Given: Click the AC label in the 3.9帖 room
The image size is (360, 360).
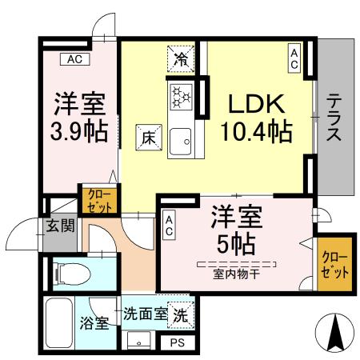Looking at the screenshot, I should [74, 58].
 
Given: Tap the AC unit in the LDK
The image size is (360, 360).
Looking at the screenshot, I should [294, 58].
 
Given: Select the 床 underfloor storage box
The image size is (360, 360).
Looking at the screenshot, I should [149, 137].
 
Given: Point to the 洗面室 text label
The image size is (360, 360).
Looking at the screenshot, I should [145, 314].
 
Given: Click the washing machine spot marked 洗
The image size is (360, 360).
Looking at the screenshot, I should [182, 314].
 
